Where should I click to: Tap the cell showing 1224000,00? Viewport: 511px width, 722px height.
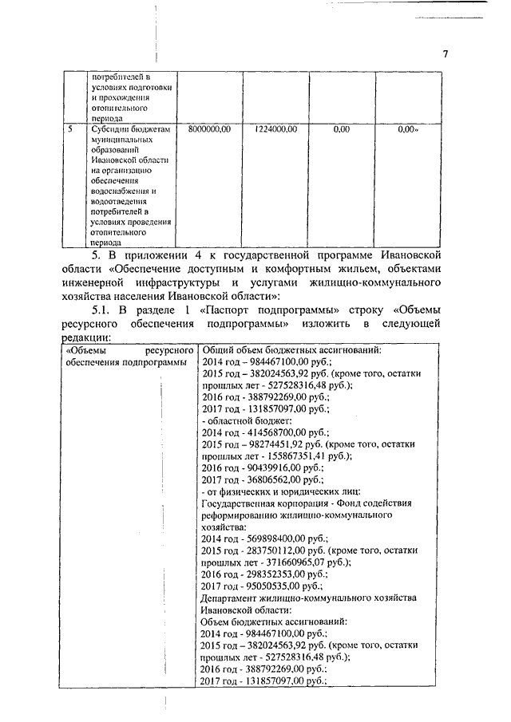275,128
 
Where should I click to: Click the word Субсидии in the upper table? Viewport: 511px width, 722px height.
109,128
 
